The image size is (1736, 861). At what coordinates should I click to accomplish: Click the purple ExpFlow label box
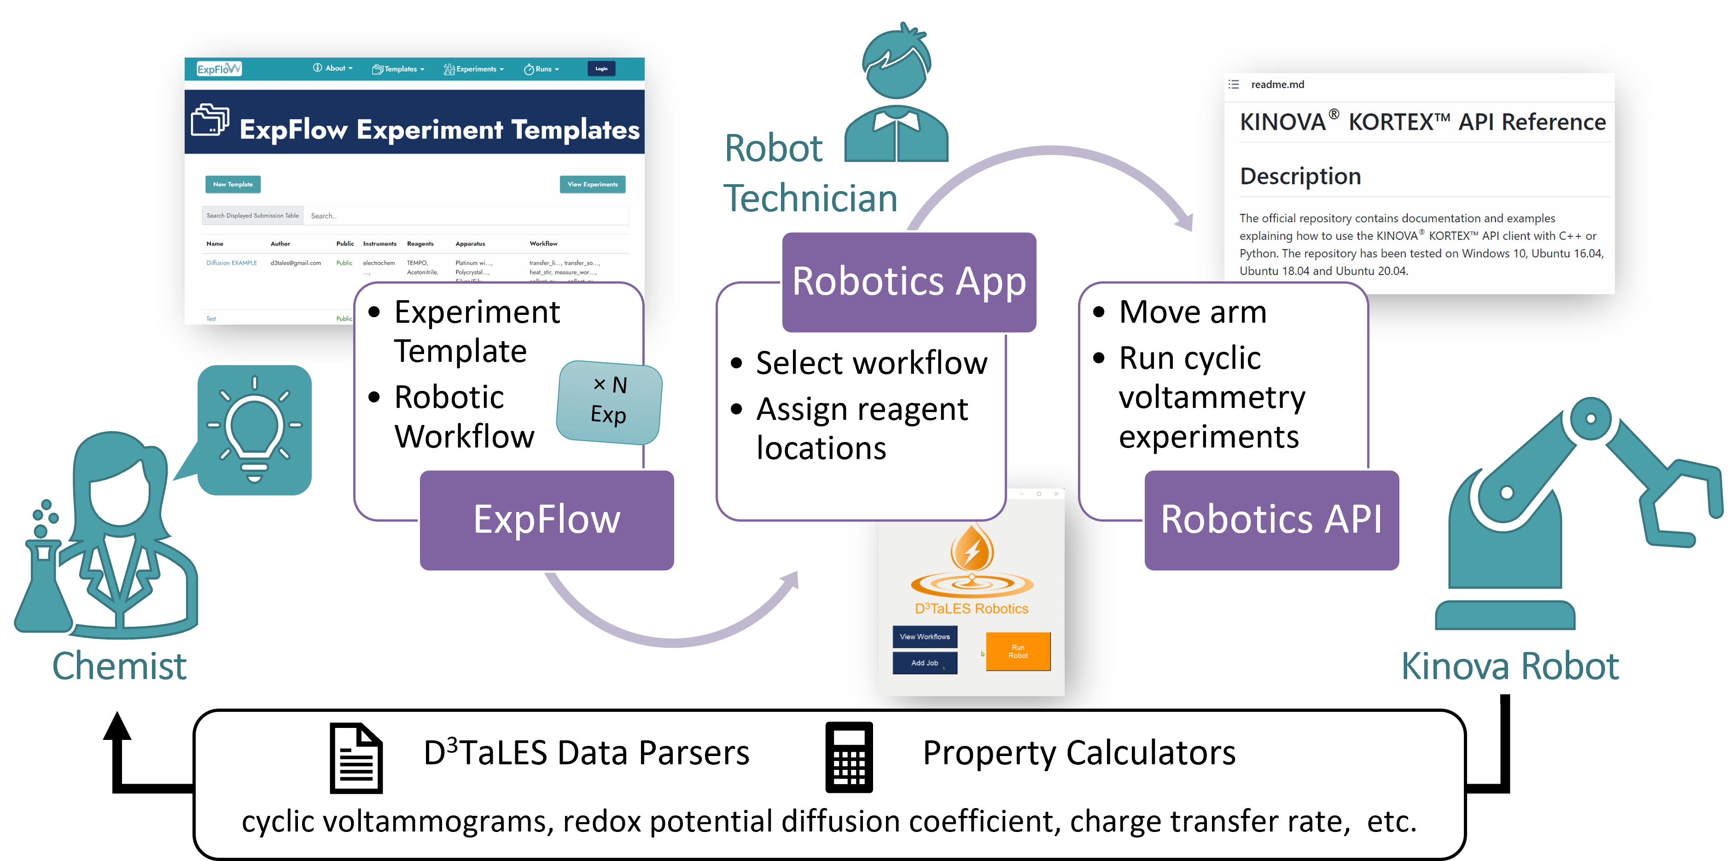coord(547,520)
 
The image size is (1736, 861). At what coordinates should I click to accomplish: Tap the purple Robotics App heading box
coord(909,282)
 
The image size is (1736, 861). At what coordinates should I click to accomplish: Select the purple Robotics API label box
coord(1271,520)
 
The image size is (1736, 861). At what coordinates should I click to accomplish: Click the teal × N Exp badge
coord(609,401)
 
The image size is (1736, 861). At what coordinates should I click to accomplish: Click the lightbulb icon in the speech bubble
coord(254,429)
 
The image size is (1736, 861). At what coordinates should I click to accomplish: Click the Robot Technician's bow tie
coord(896,121)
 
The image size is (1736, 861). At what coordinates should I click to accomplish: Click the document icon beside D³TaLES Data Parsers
coord(356,758)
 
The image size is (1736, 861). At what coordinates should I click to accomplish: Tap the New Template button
coord(233,184)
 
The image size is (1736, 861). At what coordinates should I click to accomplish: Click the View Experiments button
coord(592,184)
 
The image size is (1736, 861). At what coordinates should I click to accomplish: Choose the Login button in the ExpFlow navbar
coord(601,69)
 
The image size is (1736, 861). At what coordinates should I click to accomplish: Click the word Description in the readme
coord(1300,176)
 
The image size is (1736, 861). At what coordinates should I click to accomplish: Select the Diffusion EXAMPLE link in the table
coord(231,263)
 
